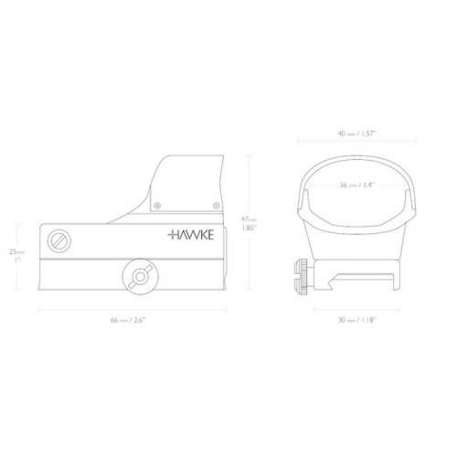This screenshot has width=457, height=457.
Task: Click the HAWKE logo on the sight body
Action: click(191, 235)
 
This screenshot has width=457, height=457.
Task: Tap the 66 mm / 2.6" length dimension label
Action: click(128, 320)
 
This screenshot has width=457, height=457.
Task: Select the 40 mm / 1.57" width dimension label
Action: click(357, 133)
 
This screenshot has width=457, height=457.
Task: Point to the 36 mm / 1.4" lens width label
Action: click(356, 185)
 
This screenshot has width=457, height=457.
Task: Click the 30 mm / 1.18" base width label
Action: click(357, 320)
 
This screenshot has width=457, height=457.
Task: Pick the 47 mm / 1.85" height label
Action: click(249, 223)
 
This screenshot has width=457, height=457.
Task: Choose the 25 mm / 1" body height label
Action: click(17, 255)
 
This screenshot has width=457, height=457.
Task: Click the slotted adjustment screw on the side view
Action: click(59, 240)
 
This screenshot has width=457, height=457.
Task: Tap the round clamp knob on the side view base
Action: click(140, 277)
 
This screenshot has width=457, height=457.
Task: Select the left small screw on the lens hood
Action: click(157, 206)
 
